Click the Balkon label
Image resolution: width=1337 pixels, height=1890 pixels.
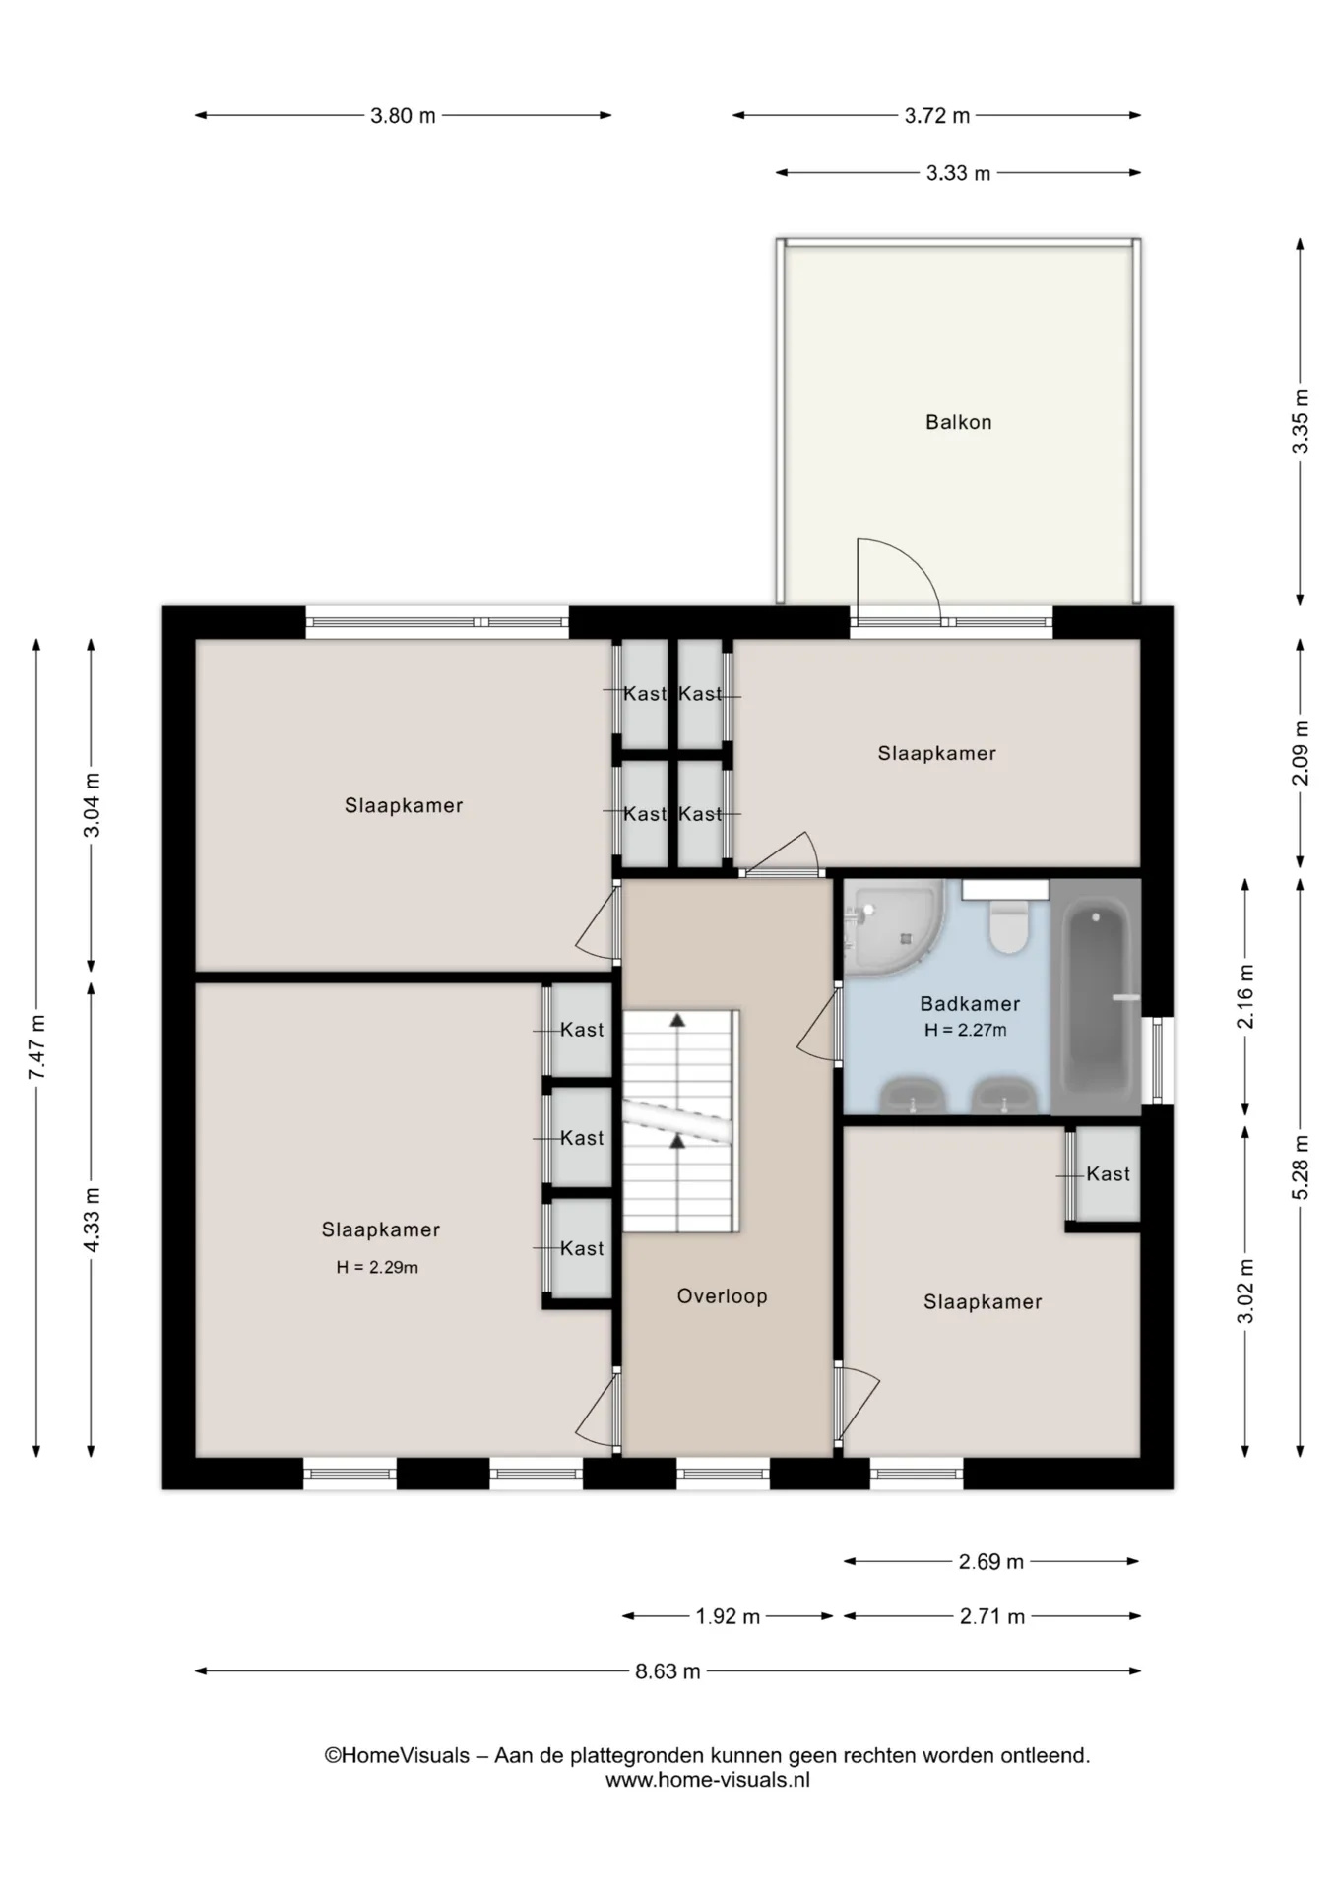pos(958,422)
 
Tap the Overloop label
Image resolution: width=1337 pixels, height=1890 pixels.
pos(722,1296)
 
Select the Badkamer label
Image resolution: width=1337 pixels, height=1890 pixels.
pos(970,1004)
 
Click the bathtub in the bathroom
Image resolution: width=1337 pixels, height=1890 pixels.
pos(1096,997)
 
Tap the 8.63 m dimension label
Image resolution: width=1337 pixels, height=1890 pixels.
pos(668,1671)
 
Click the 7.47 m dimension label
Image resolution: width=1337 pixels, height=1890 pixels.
pos(36,1046)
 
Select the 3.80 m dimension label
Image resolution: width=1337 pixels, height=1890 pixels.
pos(403,116)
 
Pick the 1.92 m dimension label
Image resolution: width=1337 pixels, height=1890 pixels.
pos(728,1616)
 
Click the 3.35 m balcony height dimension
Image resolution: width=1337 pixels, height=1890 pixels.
pos(1301,421)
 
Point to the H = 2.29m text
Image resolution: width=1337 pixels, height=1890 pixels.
pos(377,1268)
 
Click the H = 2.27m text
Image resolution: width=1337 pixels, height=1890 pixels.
pos(965,1031)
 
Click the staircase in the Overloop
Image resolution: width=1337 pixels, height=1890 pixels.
pos(680,1120)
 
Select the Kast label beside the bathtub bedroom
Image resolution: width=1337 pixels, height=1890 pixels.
pos(1108,1173)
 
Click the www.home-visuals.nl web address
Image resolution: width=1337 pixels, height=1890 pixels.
pos(707,1780)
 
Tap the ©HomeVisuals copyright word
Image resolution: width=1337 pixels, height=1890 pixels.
pos(397,1755)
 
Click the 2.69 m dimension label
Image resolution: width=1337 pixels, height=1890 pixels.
pos(991,1562)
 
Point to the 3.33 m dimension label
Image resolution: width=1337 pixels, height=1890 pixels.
pos(958,174)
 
